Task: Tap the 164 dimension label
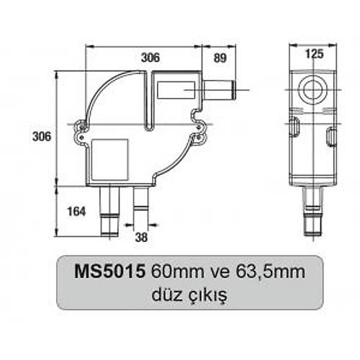point(76,211)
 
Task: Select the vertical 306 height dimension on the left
point(42,136)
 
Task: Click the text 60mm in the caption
point(172,274)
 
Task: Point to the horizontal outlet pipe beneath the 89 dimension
point(220,91)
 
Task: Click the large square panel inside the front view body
point(110,159)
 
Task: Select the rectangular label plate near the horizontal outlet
point(175,91)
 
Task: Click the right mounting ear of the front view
point(198,130)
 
